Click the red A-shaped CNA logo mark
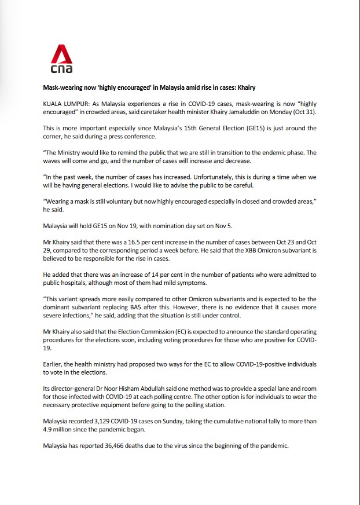tap(58, 56)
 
